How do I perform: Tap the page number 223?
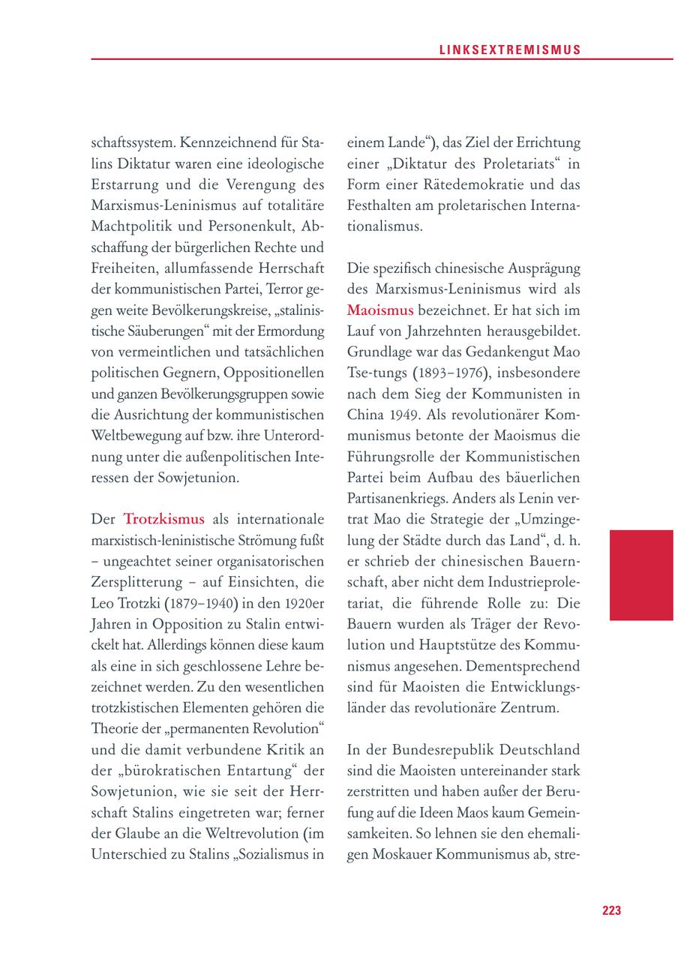pyautogui.click(x=611, y=910)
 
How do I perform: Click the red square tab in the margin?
pyautogui.click(x=640, y=574)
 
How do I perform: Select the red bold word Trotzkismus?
pyautogui.click(x=163, y=519)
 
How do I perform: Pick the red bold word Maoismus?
pyautogui.click(x=379, y=310)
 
